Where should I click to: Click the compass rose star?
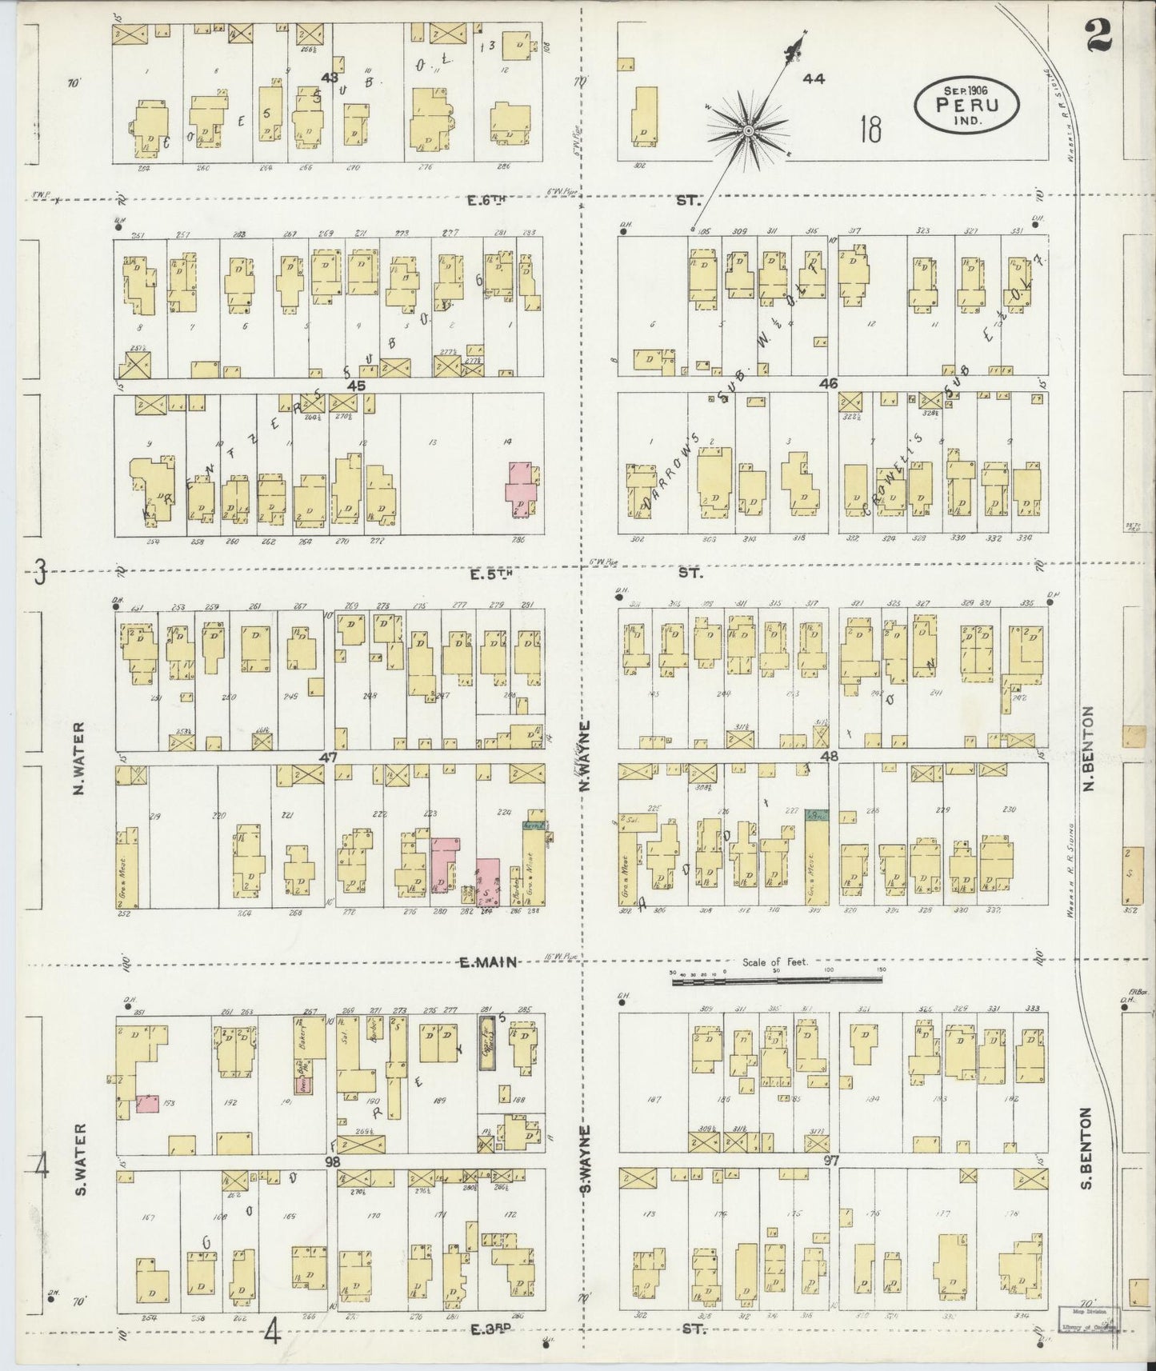coord(747,130)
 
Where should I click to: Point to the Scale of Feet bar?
coord(777,977)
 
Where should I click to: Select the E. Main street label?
coord(488,962)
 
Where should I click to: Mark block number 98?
coord(334,1160)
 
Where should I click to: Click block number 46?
coord(828,384)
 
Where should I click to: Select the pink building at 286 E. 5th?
coord(521,489)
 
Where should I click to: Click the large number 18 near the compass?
coord(870,128)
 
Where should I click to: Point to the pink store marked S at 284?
coord(488,883)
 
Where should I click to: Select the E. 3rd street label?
coord(490,1329)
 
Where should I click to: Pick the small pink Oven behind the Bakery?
coord(304,1085)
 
